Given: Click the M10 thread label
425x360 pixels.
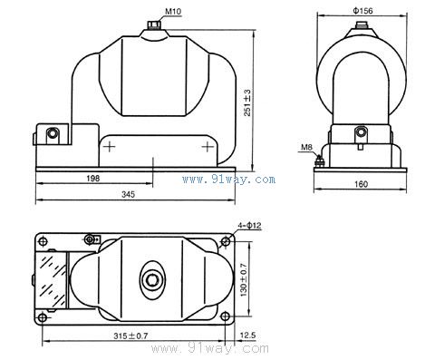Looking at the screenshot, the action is tap(173, 12).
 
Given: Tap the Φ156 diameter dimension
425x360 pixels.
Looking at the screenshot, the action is tap(362, 11).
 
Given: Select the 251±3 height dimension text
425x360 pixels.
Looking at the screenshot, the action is tap(247, 102).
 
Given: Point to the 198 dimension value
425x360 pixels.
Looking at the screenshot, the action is tap(92, 179).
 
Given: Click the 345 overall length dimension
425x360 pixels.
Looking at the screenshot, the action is tap(128, 194).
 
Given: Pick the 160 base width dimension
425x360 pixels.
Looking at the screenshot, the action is tap(361, 184).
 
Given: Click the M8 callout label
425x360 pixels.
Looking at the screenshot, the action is tap(306, 147).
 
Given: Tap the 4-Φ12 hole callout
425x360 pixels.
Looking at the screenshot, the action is tap(249, 226).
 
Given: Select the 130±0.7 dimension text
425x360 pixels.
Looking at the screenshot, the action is tap(244, 280).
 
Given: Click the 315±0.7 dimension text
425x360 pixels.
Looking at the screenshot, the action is tap(130, 336).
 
